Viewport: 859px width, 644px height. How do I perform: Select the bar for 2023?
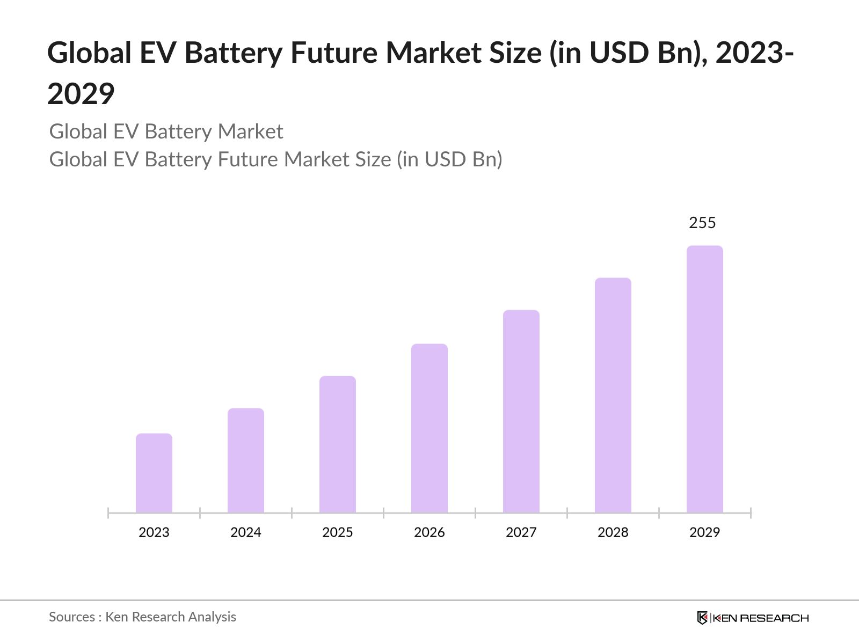[154, 473]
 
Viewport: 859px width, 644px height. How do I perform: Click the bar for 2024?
[246, 460]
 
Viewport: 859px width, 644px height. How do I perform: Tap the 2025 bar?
[338, 444]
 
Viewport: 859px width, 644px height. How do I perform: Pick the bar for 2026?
[429, 428]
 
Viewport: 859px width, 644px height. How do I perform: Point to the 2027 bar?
[521, 411]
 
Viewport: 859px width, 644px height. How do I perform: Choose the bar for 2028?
[613, 395]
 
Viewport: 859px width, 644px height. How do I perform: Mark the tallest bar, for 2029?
[705, 379]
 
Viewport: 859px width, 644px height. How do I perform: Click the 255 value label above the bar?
[702, 223]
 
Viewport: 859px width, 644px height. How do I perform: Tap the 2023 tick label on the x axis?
[154, 532]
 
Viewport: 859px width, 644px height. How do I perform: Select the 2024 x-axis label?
[246, 532]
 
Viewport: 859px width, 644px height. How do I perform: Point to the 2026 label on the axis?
[429, 532]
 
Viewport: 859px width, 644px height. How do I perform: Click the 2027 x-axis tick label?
[521, 532]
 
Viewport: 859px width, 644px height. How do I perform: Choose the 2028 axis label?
[613, 532]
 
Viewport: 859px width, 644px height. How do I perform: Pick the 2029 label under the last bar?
[705, 532]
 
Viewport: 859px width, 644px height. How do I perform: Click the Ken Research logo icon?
[702, 618]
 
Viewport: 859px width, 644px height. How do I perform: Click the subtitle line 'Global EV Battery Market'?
[166, 131]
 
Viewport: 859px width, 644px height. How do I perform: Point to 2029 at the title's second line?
[81, 94]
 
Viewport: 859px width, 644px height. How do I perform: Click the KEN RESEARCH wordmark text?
[761, 618]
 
